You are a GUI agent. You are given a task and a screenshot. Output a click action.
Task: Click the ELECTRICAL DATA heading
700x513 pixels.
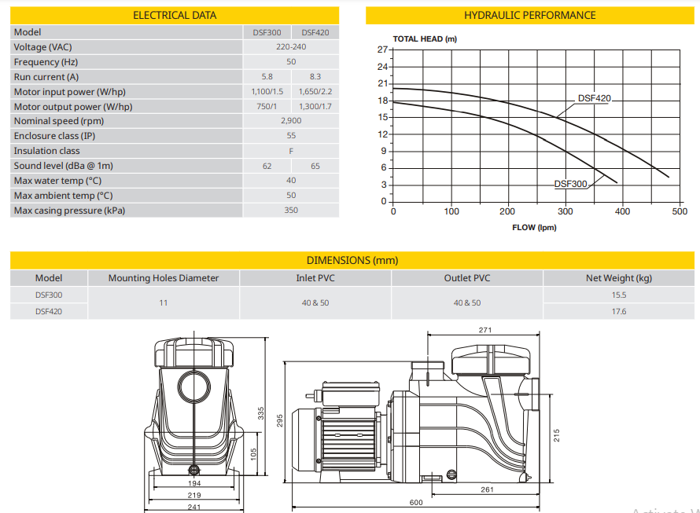175,15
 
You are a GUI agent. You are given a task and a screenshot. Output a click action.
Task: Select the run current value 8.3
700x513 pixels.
315,77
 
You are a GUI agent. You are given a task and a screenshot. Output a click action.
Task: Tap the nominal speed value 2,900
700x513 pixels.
291,121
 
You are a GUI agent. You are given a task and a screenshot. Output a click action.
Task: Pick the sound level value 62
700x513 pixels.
267,166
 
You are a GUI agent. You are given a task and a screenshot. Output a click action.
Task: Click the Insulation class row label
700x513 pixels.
46,151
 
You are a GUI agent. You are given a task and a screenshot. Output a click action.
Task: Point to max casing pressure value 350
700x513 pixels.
291,211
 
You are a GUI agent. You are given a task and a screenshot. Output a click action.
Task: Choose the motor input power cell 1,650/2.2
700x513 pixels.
315,92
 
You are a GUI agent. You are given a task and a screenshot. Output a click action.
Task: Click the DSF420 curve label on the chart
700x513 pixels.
594,99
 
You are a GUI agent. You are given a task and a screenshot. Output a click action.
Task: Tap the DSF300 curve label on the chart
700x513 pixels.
571,184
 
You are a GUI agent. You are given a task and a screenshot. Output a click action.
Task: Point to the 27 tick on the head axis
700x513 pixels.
383,49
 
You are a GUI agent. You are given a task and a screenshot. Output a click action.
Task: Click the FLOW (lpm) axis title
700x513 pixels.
535,228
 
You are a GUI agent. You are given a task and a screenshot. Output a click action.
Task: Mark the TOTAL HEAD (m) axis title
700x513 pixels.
425,38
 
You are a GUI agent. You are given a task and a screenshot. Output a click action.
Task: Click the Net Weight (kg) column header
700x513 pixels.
618,277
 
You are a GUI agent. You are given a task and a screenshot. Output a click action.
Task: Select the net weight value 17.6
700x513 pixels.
618,311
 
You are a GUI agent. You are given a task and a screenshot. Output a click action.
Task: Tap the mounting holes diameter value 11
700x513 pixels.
164,302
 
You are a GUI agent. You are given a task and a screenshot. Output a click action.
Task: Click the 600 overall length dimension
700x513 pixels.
416,503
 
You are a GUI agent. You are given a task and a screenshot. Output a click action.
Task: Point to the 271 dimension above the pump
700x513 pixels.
485,330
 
